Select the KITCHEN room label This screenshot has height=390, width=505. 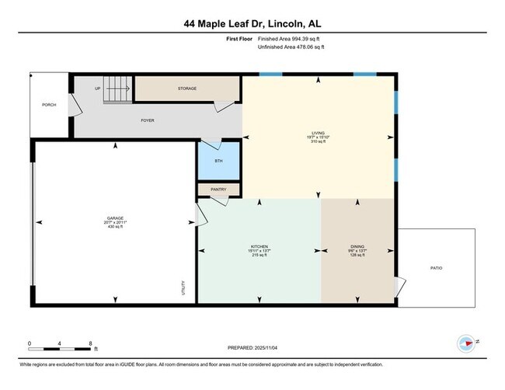tap(259, 246)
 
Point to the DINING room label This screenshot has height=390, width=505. tap(357, 246)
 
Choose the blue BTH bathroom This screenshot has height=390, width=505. tap(218, 162)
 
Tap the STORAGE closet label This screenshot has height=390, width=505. tap(186, 89)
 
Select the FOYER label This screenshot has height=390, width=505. tap(147, 120)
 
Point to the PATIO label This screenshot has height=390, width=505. tap(436, 267)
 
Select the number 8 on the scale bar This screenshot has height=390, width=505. tap(91, 343)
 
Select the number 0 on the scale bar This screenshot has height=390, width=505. tap(29, 343)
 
